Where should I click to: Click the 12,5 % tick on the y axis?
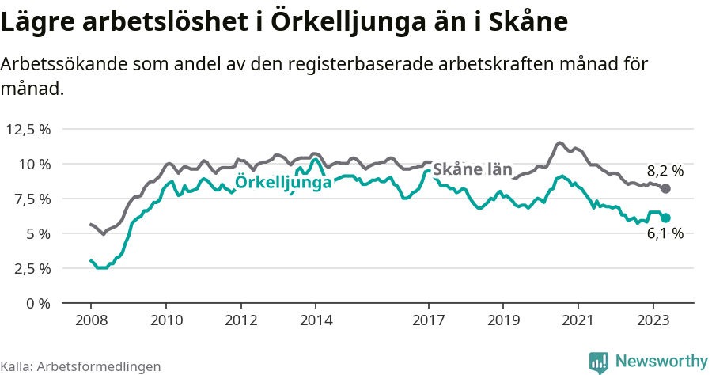click(28, 129)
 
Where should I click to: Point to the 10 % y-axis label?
click(34, 164)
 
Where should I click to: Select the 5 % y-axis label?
click(37, 233)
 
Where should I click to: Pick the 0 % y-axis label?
click(37, 303)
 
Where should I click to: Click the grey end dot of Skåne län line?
click(666, 189)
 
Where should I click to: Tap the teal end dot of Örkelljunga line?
click(666, 218)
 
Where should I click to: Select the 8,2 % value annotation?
click(665, 171)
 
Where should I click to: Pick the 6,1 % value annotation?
click(665, 234)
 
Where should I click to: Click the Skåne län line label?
click(472, 170)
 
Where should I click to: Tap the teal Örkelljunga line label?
click(283, 183)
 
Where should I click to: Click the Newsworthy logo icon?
click(599, 362)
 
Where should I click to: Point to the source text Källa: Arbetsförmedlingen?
click(81, 366)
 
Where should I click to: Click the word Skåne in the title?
click(527, 23)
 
